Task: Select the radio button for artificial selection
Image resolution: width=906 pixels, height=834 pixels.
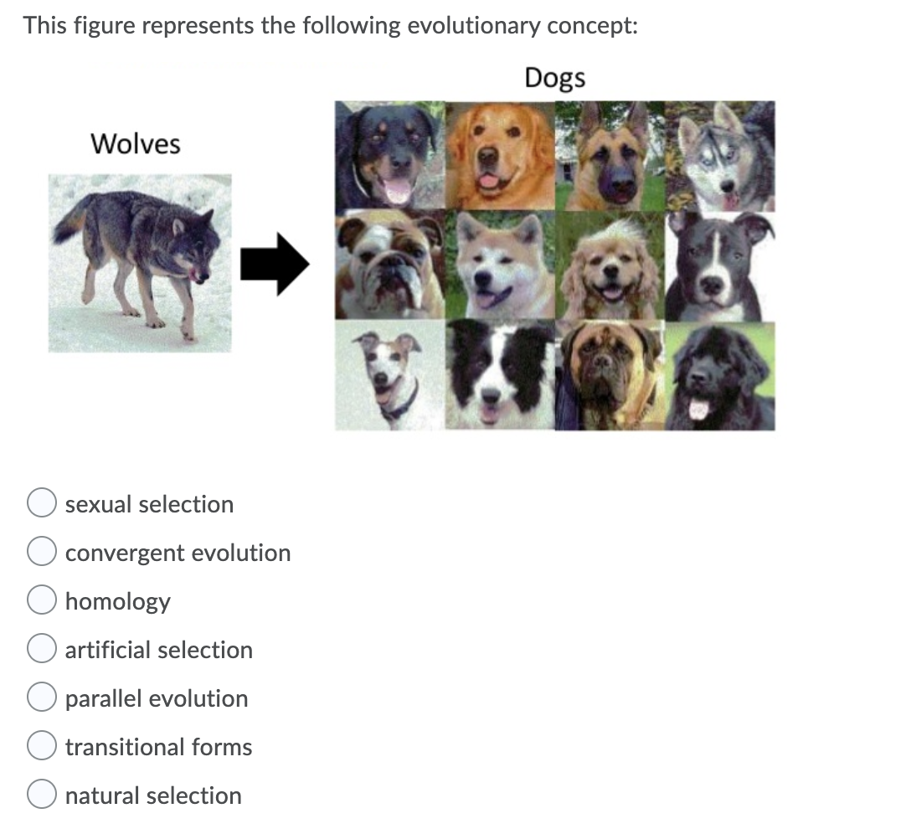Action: point(41,650)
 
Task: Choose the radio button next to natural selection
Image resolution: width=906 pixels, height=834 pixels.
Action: point(41,795)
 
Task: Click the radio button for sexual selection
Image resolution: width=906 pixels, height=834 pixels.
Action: point(41,504)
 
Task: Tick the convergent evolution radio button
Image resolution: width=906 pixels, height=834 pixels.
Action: point(41,553)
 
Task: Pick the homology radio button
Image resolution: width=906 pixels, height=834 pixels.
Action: point(41,601)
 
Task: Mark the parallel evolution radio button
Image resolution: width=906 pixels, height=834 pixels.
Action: point(41,698)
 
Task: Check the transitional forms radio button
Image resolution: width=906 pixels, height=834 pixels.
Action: point(41,747)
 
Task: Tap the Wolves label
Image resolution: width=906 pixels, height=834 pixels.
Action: point(135,144)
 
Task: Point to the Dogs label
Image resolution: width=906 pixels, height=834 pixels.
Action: point(554,78)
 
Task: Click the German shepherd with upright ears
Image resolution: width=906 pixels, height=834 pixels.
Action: point(610,157)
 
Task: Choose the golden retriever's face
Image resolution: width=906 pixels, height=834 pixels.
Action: point(499,157)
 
